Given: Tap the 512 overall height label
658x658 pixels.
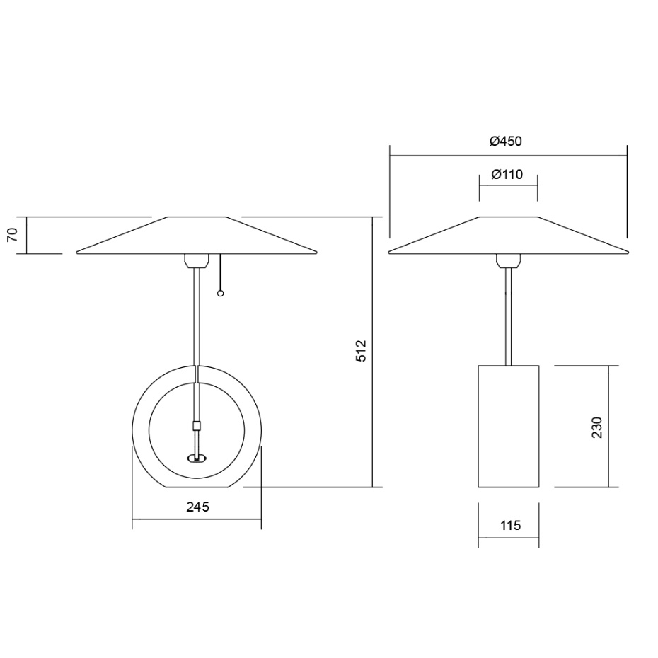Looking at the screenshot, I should click(361, 352).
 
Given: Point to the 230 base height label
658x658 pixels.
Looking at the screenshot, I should click(597, 427).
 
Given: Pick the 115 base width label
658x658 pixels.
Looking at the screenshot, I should click(509, 526).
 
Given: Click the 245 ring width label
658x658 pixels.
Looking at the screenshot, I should click(197, 507).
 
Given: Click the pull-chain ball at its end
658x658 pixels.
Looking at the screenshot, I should click(221, 293).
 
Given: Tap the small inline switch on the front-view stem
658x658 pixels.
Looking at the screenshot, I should click(197, 426).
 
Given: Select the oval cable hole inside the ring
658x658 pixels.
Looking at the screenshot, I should click(197, 458).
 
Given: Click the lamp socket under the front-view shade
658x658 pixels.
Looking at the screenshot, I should click(196, 260).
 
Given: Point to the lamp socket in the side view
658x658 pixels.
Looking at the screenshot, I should click(508, 260).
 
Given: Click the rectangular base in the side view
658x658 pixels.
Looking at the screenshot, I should click(509, 426).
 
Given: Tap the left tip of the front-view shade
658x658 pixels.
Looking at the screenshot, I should click(78, 252).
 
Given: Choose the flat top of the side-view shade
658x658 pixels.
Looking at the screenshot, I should click(508, 217).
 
